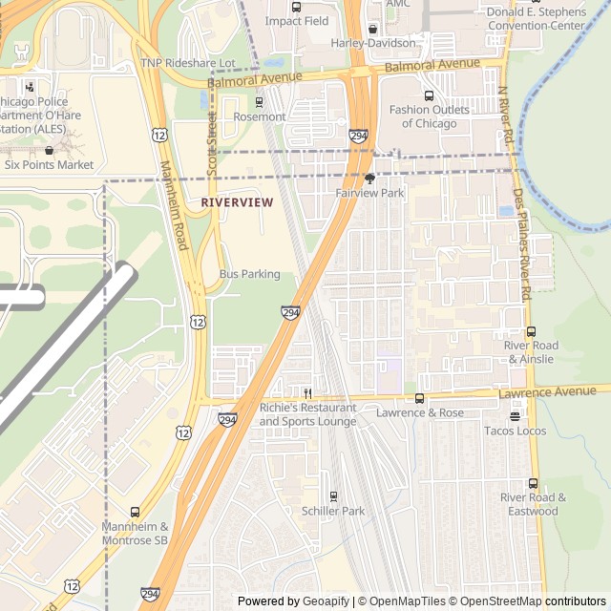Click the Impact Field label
pos(296,21)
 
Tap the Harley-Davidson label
pos(373,43)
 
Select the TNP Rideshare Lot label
pos(188,63)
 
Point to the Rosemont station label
pos(260,117)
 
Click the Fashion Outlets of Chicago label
pos(429,116)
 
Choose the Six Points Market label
pos(50,164)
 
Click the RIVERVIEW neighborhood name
pos(237,202)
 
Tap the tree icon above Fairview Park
pos(369,179)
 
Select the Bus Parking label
pos(249,274)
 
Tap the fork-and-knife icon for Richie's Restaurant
pos(307,393)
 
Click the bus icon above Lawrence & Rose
pos(419,398)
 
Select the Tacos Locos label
pos(515,431)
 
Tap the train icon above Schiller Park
pos(333,496)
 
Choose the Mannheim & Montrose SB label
pos(135,533)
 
